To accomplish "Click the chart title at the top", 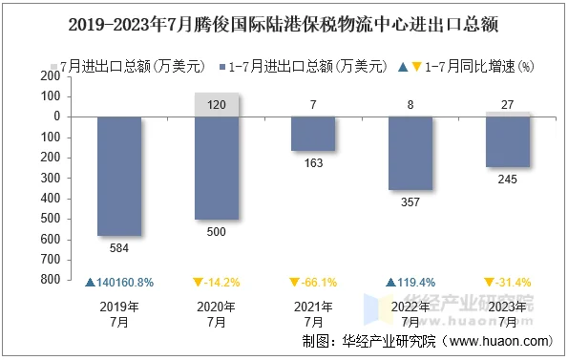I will pyautogui.click(x=284, y=21).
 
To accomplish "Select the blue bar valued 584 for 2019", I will pyautogui.click(x=119, y=176).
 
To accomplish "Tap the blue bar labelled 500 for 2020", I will pyautogui.click(x=217, y=167).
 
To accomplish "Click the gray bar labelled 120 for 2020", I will pyautogui.click(x=217, y=105).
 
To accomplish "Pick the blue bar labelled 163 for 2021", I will pyautogui.click(x=313, y=134).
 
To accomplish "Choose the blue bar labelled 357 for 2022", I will pyautogui.click(x=410, y=153).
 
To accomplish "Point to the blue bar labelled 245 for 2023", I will pyautogui.click(x=506, y=141).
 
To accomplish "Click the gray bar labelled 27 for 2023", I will pyautogui.click(x=506, y=114).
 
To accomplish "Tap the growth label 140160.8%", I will pyautogui.click(x=119, y=283).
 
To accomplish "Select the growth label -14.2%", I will pyautogui.click(x=217, y=283).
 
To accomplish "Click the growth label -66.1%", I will pyautogui.click(x=313, y=283).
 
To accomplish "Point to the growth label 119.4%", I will pyautogui.click(x=410, y=283).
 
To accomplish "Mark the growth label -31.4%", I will pyautogui.click(x=506, y=283).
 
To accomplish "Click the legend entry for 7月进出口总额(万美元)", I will pyautogui.click(x=129, y=67).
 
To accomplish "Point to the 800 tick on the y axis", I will pyautogui.click(x=50, y=280).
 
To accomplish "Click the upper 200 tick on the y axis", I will pyautogui.click(x=50, y=76).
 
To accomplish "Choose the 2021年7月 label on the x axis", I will pyautogui.click(x=313, y=314).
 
